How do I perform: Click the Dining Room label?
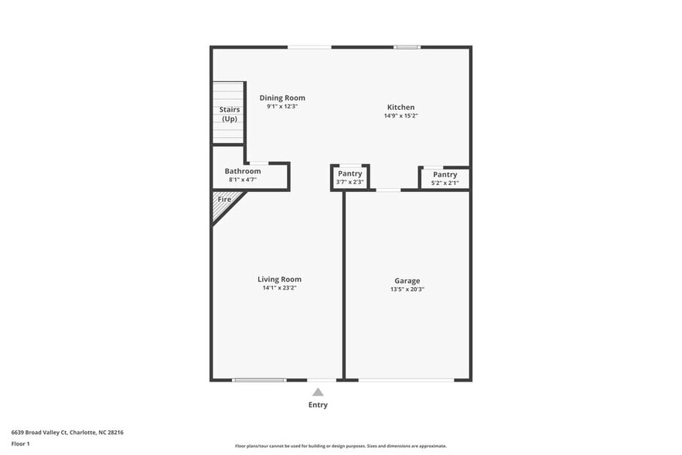282,97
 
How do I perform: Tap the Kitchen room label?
401,107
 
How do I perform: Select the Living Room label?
279,279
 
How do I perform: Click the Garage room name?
407,281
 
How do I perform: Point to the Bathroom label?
242,171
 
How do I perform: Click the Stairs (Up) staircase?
229,113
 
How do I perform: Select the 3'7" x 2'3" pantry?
350,177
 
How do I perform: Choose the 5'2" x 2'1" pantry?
445,178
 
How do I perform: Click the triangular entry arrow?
318,392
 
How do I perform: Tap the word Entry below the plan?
318,405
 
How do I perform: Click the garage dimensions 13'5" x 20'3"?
407,289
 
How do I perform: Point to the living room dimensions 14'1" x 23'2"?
279,288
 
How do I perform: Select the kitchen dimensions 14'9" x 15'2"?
401,116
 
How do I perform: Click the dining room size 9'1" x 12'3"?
282,106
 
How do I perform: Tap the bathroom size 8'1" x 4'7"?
242,180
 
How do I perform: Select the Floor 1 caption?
20,443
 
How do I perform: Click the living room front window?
259,380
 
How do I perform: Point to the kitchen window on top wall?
407,47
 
